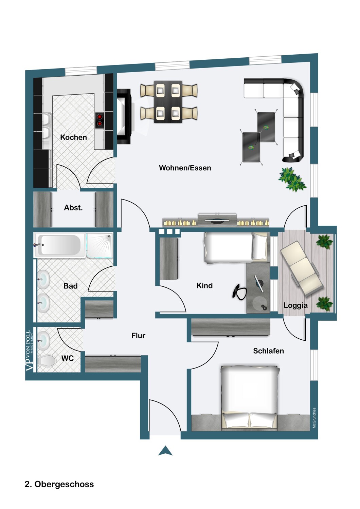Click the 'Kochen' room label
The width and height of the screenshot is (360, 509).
point(73,137)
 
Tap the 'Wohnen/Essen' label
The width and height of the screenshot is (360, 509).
point(185,168)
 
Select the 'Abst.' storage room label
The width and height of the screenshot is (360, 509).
point(73,208)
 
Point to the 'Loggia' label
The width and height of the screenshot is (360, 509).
point(295,305)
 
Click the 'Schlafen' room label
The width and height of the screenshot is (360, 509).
point(268,351)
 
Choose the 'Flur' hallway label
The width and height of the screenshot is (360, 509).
point(138,336)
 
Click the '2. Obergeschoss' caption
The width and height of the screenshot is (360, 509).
point(59,484)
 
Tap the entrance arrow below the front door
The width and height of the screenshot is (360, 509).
point(165,451)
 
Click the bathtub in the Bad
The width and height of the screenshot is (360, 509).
point(59,245)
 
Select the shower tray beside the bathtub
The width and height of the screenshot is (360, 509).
point(99,245)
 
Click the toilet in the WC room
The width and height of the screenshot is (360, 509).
point(47,361)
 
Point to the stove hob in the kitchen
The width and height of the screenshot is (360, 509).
point(100,120)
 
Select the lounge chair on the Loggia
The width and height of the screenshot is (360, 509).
point(301,268)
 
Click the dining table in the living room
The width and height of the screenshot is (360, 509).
point(168,101)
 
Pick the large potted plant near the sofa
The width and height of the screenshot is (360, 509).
point(292,179)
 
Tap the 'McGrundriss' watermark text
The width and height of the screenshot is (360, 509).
point(314,418)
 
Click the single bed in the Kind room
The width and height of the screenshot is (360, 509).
point(234,247)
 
